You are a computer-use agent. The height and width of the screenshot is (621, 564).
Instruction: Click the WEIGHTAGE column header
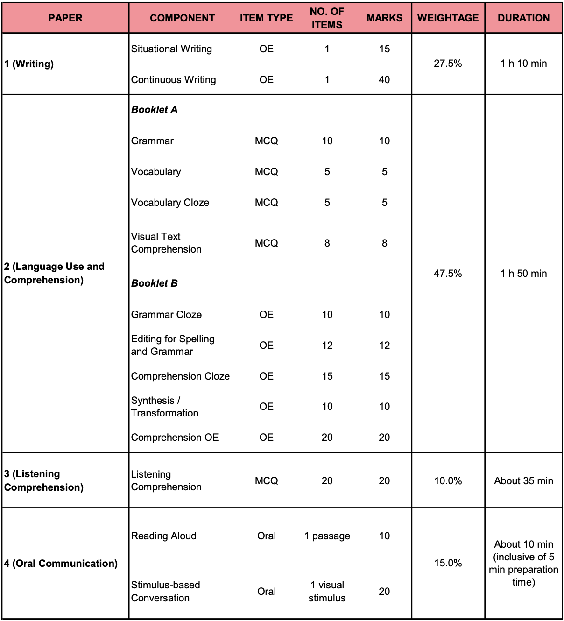(x=448, y=18)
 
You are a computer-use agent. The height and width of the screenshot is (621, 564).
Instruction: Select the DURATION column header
(x=523, y=18)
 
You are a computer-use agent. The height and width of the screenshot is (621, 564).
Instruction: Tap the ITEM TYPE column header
(x=266, y=18)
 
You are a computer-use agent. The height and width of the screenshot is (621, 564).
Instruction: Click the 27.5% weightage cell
(x=448, y=64)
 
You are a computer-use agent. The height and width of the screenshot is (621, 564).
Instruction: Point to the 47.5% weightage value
(x=448, y=274)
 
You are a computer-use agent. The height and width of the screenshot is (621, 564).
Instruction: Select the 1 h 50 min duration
(x=523, y=274)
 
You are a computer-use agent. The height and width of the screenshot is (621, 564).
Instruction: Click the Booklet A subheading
(x=155, y=110)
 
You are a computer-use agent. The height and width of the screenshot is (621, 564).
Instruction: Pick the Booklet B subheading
(x=155, y=283)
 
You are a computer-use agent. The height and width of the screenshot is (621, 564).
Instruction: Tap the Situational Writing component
(x=171, y=49)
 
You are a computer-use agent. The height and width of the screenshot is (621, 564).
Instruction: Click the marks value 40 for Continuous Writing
(x=384, y=80)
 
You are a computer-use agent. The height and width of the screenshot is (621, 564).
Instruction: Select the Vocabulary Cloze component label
(x=170, y=203)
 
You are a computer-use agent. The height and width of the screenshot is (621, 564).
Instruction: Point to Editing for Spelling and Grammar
(x=173, y=345)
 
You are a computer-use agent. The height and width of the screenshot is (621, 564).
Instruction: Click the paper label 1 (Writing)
(x=29, y=64)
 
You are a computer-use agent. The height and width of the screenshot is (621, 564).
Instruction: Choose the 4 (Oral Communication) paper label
(x=61, y=564)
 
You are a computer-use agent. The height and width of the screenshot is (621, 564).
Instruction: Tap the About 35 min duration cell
(x=523, y=481)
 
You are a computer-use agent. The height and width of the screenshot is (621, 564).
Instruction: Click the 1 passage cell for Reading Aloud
(x=327, y=536)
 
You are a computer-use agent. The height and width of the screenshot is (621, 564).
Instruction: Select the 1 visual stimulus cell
(x=327, y=591)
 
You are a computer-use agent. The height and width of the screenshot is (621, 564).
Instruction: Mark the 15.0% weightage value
(x=448, y=563)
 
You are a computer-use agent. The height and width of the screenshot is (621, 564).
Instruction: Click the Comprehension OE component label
(x=175, y=438)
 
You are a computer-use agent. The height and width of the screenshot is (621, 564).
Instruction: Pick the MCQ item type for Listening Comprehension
(x=266, y=481)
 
